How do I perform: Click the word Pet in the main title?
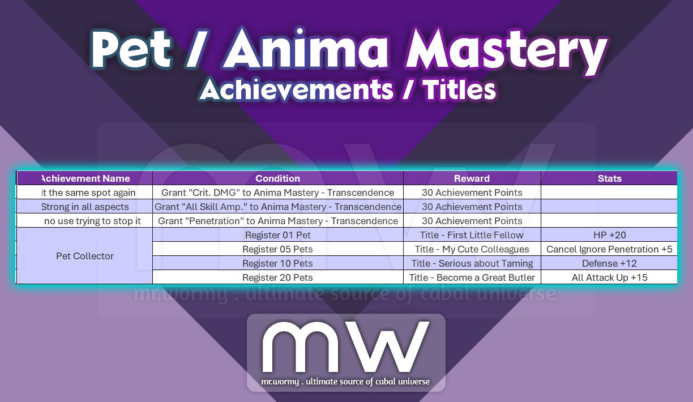131,49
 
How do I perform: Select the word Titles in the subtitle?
459,90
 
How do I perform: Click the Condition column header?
277,178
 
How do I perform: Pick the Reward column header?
472,178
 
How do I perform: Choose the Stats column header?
609,178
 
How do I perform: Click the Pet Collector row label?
85,256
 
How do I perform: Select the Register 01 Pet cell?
277,235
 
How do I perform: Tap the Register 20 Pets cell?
277,277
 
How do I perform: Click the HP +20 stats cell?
609,235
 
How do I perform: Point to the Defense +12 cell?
609,263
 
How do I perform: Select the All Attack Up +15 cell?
609,277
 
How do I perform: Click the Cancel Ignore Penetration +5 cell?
609,249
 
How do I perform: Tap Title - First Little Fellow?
472,235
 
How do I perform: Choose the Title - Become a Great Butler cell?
472,277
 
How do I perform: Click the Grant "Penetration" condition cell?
277,221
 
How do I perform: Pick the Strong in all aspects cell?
85,207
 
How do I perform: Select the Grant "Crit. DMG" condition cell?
277,193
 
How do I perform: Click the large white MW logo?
345,347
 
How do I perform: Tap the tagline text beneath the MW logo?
345,382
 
